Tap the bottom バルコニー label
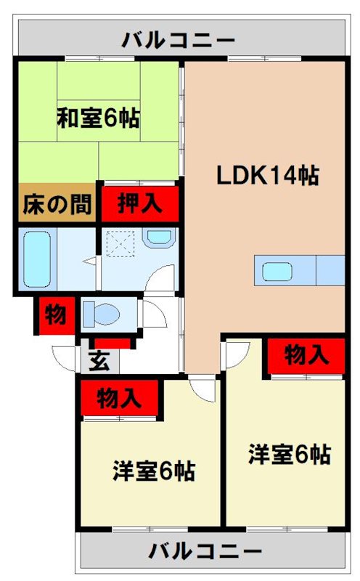pyautogui.click(x=205, y=551)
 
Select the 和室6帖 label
pyautogui.click(x=99, y=118)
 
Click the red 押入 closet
pyautogui.click(x=139, y=203)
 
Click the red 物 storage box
pyautogui.click(x=55, y=314)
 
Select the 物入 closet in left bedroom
pyautogui.click(x=118, y=398)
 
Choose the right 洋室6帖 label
pyautogui.click(x=290, y=455)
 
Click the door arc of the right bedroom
pyautogui.click(x=234, y=354)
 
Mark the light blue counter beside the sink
pyautogui.click(x=330, y=271)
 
